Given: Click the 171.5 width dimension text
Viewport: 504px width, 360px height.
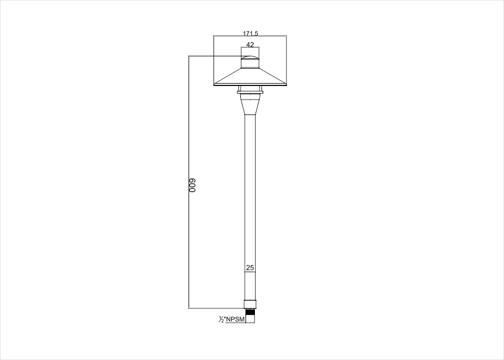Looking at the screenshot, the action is pyautogui.click(x=250, y=33).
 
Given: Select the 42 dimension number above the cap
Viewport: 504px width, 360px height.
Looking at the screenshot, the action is pyautogui.click(x=250, y=44).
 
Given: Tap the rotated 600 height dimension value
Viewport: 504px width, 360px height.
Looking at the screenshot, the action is pyautogui.click(x=192, y=186).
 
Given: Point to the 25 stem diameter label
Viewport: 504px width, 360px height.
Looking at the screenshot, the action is pyautogui.click(x=250, y=267).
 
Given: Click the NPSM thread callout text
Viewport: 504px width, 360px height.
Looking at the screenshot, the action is pyautogui.click(x=235, y=319).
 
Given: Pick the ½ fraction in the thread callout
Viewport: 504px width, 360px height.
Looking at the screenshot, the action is pyautogui.click(x=221, y=319).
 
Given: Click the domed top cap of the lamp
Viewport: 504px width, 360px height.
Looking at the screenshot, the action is pyautogui.click(x=250, y=58).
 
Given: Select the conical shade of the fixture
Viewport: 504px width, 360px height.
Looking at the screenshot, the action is pyautogui.click(x=250, y=77).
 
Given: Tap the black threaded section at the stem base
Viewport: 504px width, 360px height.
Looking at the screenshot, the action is pyautogui.click(x=250, y=312).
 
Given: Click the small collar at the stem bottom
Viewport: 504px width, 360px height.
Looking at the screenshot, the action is pyautogui.click(x=250, y=304).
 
